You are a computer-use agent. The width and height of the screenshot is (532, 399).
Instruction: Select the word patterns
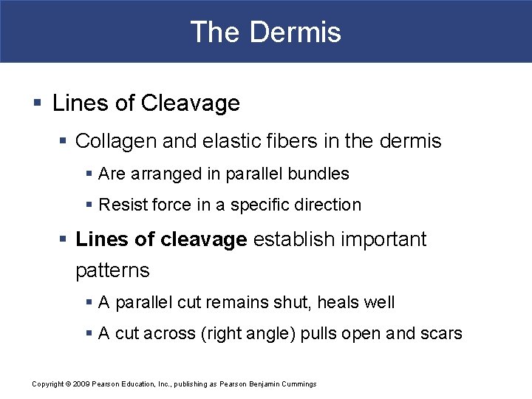[112, 270]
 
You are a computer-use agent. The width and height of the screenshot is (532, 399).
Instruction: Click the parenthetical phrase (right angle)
[249, 334]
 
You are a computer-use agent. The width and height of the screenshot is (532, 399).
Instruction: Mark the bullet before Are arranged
[89, 174]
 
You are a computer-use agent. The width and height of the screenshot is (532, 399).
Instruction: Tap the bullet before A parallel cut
[89, 303]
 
